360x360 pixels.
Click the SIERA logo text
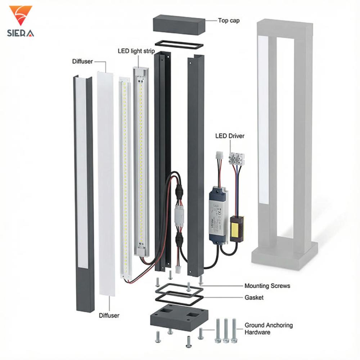click(21, 33)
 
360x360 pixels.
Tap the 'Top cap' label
click(229, 21)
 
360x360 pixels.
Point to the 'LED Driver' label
click(230, 136)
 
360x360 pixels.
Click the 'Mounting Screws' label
click(267, 286)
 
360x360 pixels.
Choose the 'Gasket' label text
click(254, 297)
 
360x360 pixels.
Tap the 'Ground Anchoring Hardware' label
click(268, 329)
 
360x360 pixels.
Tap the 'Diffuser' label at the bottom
click(109, 315)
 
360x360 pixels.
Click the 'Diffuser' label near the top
click(82, 62)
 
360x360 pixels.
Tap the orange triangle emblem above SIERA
click(21, 15)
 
